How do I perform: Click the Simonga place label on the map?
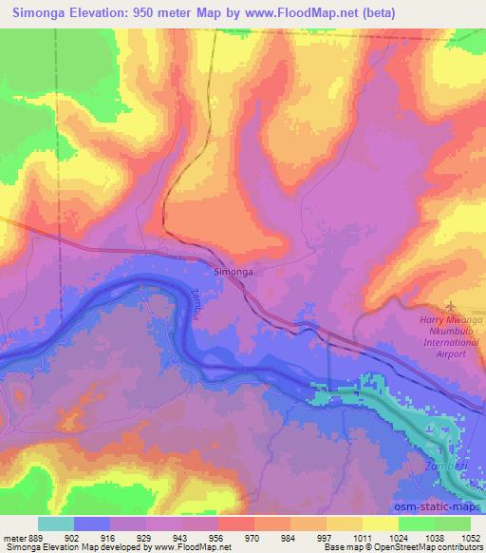pyautogui.click(x=233, y=272)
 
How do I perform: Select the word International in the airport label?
pyautogui.click(x=445, y=342)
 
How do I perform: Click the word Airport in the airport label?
pyautogui.click(x=449, y=353)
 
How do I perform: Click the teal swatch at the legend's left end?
pyautogui.click(x=55, y=524)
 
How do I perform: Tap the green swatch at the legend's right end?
pyautogui.click(x=452, y=524)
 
